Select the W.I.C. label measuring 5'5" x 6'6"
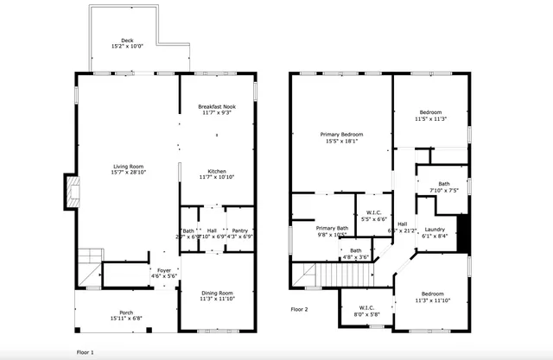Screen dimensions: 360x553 tap(374, 216)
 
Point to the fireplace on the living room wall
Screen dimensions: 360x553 tap(68, 191)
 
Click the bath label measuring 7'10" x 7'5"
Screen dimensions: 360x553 tap(443, 186)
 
